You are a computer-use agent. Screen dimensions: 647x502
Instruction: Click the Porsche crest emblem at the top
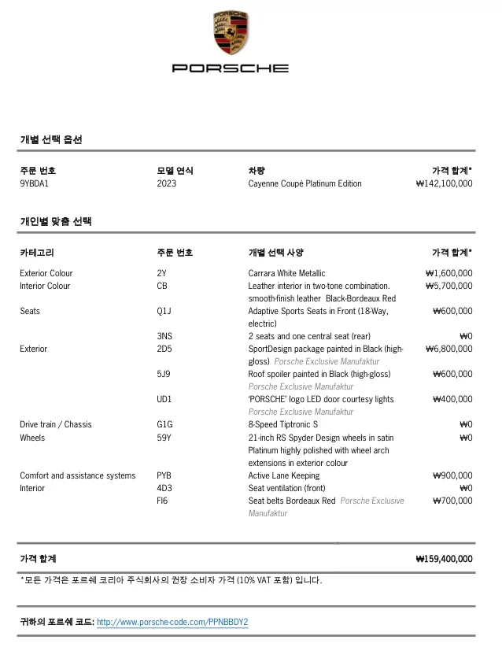pyautogui.click(x=231, y=33)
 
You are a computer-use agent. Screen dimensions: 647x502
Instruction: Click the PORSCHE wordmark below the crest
pyautogui.click(x=231, y=68)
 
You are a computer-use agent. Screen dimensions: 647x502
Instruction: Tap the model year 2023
pyautogui.click(x=167, y=183)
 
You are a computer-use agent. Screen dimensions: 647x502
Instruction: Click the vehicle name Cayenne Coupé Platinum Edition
pyautogui.click(x=305, y=183)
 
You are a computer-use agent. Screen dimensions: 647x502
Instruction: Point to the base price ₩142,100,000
pyautogui.click(x=444, y=183)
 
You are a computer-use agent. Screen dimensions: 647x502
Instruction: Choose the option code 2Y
pyautogui.click(x=162, y=273)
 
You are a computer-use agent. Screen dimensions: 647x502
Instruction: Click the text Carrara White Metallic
pyautogui.click(x=286, y=273)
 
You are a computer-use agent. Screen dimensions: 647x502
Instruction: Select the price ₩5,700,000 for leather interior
pyautogui.click(x=448, y=286)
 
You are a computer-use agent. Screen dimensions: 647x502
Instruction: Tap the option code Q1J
pyautogui.click(x=164, y=311)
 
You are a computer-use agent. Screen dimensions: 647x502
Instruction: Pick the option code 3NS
pyautogui.click(x=164, y=336)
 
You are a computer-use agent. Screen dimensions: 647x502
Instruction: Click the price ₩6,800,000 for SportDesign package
pyautogui.click(x=448, y=349)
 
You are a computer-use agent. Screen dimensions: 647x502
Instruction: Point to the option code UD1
pyautogui.click(x=164, y=399)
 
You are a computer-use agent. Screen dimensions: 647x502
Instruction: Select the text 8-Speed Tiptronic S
pyautogui.click(x=283, y=424)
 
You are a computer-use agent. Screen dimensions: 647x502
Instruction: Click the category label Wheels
pyautogui.click(x=32, y=437)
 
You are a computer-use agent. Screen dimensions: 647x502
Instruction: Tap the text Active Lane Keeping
pyautogui.click(x=283, y=475)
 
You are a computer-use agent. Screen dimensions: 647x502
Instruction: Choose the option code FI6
pyautogui.click(x=163, y=501)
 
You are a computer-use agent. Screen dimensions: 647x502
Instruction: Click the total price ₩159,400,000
pyautogui.click(x=444, y=559)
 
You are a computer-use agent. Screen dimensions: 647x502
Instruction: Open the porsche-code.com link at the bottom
pyautogui.click(x=172, y=622)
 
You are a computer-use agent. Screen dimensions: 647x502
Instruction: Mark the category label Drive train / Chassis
pyautogui.click(x=56, y=424)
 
